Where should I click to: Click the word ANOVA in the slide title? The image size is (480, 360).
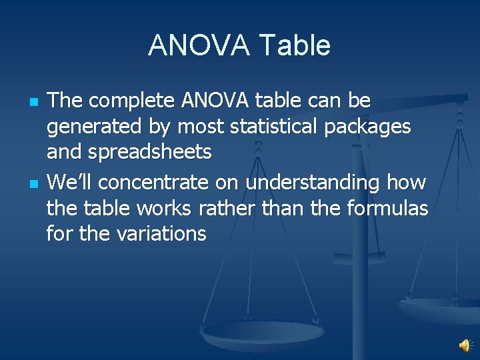coord(197,45)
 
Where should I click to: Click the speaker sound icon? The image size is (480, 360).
coord(465,345)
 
